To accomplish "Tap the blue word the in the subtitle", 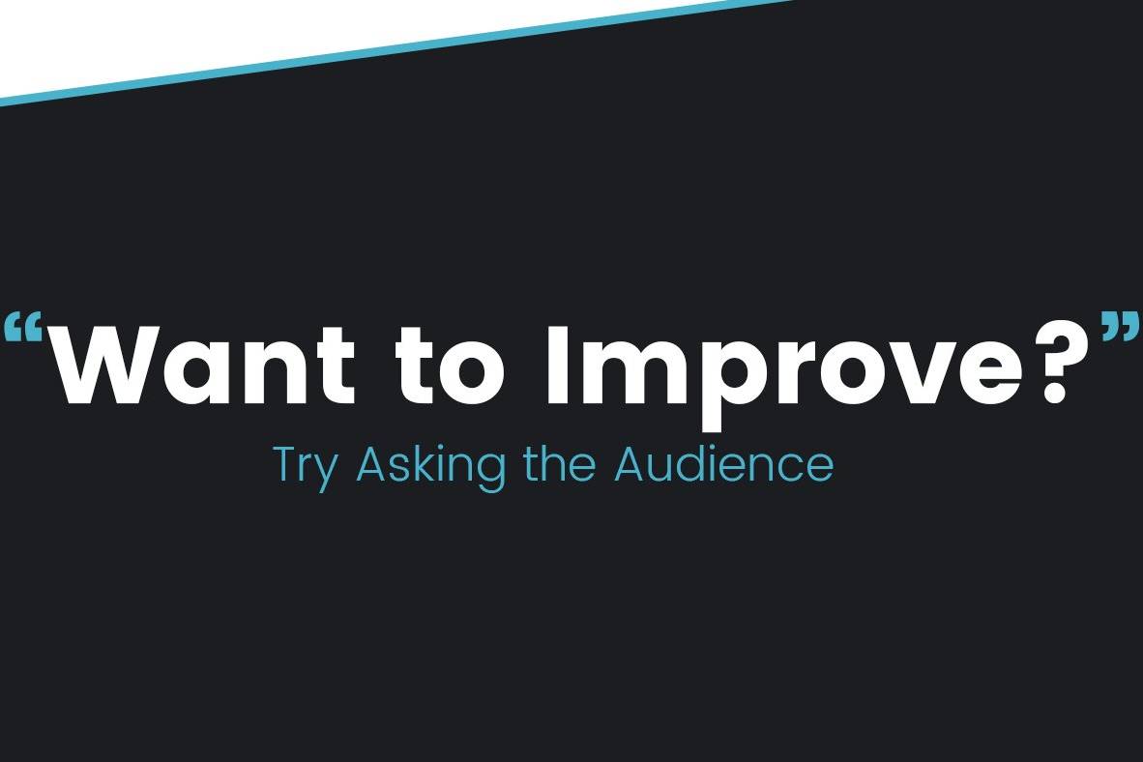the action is coord(559,463).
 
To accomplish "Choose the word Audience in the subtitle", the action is coord(724,463).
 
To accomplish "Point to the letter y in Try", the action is coord(325,473).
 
